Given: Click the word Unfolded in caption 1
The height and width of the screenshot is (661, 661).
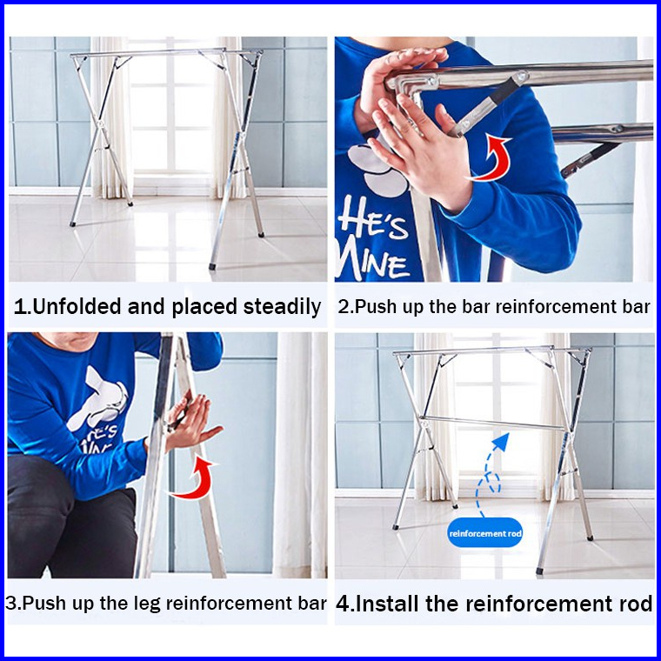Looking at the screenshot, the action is point(77,306).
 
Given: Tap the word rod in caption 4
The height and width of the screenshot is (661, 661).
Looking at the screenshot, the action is point(636,604).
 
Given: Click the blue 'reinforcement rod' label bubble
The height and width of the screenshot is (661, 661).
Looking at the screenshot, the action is point(485,533).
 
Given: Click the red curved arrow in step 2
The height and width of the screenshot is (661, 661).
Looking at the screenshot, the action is point(491,158).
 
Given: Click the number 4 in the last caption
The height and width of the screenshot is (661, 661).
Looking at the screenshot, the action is point(344,604).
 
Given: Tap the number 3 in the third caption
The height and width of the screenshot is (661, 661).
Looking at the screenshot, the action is point(11,604).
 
